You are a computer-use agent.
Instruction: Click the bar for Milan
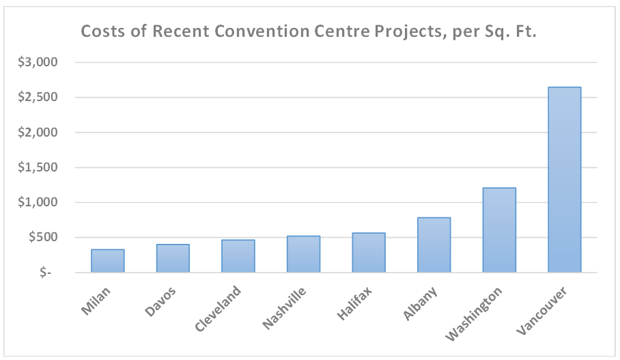[108, 261]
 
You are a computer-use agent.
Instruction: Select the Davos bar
[173, 258]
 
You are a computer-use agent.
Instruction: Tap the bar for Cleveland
[238, 256]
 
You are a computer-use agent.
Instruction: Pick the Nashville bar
[303, 254]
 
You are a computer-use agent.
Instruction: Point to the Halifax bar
[369, 253]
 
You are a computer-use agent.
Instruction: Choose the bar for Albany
[434, 245]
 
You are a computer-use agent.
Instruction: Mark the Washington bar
[499, 230]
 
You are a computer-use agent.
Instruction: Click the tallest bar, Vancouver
[565, 180]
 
